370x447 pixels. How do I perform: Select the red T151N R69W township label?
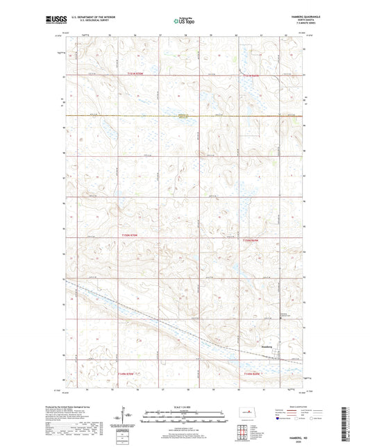click(x=251, y=74)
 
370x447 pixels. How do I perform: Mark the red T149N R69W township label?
click(x=251, y=376)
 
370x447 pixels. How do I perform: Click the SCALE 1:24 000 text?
click(x=185, y=407)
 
